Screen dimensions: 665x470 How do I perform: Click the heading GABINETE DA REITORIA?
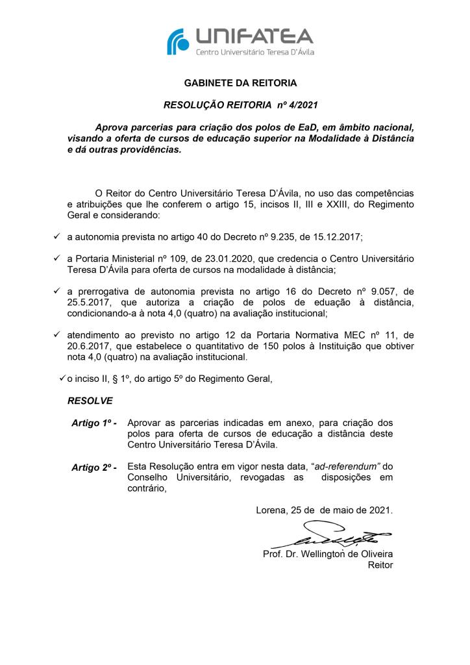pos(240,83)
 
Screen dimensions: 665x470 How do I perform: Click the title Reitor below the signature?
pos(380,565)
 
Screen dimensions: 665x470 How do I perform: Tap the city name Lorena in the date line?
pos(271,510)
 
